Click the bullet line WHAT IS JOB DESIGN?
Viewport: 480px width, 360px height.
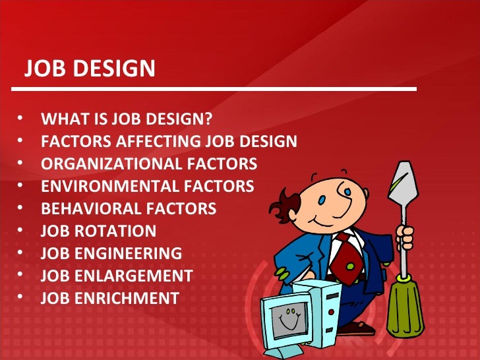click(x=127, y=120)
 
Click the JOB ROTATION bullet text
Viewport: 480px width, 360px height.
click(x=99, y=231)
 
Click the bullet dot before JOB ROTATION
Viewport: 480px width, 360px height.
click(x=20, y=231)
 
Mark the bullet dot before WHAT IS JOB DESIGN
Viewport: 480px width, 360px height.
click(x=20, y=120)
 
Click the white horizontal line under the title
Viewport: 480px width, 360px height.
click(x=218, y=88)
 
